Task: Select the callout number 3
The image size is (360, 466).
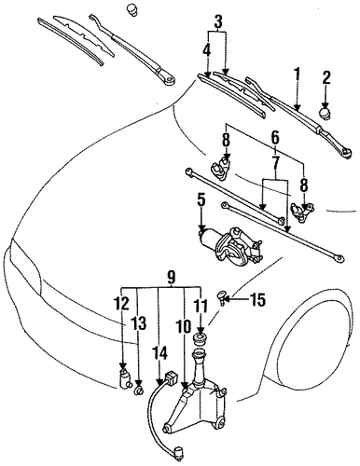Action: pos(218,21)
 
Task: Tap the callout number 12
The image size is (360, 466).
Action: pos(122,304)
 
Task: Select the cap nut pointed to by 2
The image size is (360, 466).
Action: pos(325,114)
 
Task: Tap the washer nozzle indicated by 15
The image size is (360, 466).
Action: pos(223,297)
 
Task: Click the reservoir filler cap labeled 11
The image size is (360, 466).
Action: pos(201,339)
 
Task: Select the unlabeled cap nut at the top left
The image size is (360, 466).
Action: pos(133,9)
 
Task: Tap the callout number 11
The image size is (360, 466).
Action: pos(201,307)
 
